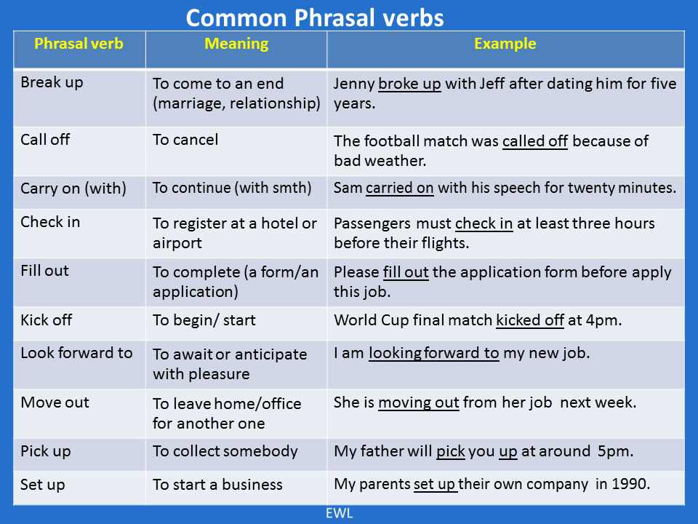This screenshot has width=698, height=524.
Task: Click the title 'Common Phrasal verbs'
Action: coord(314,17)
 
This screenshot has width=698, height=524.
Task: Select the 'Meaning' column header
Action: coord(236,44)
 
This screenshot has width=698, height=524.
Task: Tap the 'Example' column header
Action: coord(505,44)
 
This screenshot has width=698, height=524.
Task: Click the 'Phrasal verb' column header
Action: coord(79,44)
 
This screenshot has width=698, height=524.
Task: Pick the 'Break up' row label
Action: coord(52,82)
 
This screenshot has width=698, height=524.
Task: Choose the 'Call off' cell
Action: coord(45,139)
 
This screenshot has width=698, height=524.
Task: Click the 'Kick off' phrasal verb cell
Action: coord(47,319)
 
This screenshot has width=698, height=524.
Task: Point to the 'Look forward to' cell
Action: coord(76,353)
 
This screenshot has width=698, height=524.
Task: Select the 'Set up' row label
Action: coord(43,484)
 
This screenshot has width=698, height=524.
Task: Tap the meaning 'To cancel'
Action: coord(185,139)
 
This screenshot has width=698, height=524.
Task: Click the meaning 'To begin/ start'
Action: coord(204,319)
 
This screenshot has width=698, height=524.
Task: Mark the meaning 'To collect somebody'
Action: coord(225,451)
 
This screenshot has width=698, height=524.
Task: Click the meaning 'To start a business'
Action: coord(217,484)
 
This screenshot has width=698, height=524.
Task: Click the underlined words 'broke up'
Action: coord(409,84)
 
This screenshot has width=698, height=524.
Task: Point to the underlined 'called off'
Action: coord(534,140)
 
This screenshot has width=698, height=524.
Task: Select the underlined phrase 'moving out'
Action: coord(419,402)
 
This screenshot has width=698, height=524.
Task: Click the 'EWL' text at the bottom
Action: coord(338,512)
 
